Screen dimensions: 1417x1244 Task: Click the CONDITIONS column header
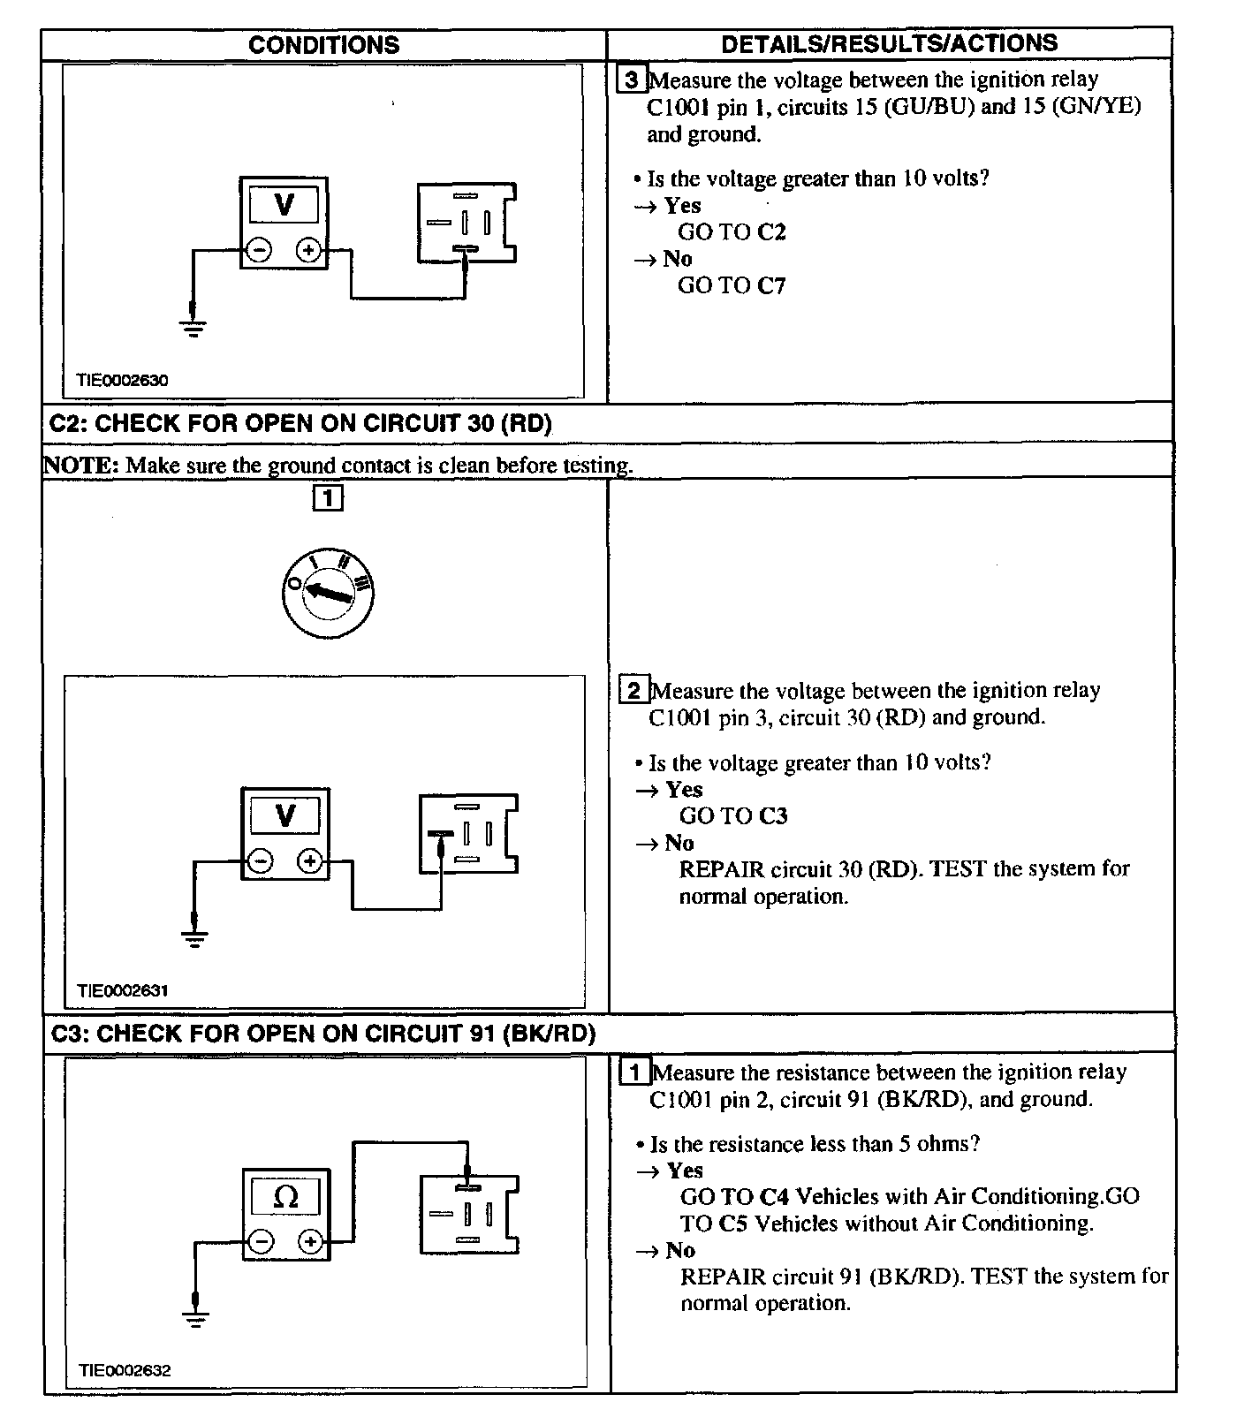[323, 45]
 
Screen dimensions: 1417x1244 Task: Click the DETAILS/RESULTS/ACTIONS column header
[889, 43]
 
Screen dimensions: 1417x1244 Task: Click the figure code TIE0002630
[122, 381]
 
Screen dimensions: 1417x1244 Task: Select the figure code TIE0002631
[122, 990]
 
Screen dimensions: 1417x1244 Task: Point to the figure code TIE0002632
[124, 1370]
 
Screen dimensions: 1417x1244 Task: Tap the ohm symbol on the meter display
[286, 1197]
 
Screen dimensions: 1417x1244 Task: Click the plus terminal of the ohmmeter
[310, 1242]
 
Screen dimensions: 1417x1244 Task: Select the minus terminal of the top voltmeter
[259, 251]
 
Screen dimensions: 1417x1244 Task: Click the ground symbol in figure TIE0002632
[195, 1315]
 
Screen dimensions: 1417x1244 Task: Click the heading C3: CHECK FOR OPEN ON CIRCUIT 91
[323, 1033]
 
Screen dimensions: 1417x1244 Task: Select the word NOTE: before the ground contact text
[80, 465]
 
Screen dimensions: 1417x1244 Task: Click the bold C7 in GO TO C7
[770, 285]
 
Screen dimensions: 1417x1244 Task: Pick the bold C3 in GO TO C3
[772, 815]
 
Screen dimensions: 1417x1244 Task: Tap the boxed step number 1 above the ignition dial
[327, 499]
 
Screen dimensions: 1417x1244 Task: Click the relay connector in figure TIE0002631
[468, 834]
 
